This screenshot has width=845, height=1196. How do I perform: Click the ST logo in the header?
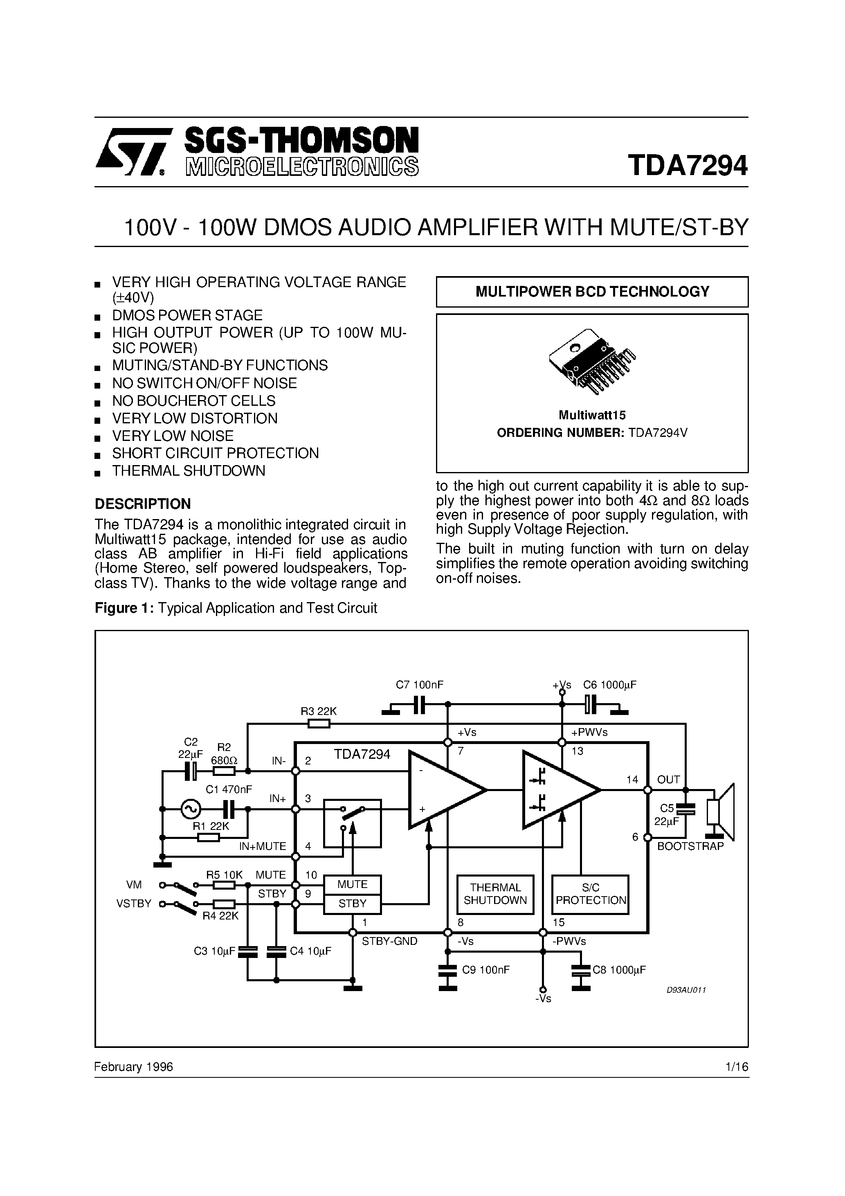click(x=133, y=152)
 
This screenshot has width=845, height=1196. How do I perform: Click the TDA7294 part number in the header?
click(x=688, y=166)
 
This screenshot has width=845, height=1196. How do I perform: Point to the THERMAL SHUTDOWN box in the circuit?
click(x=495, y=894)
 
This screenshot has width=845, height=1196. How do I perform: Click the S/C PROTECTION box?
click(x=590, y=894)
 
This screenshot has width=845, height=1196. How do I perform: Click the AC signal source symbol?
click(x=190, y=809)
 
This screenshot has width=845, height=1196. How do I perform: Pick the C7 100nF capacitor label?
click(x=419, y=685)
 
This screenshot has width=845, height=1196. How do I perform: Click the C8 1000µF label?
click(x=619, y=970)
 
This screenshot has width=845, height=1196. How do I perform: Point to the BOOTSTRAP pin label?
click(x=690, y=846)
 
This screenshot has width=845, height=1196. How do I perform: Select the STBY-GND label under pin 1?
click(x=390, y=941)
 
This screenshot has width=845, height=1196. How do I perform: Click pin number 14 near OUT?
click(x=632, y=780)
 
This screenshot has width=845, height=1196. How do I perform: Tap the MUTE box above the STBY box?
click(x=352, y=884)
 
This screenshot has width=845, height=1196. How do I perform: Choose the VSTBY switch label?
click(x=133, y=904)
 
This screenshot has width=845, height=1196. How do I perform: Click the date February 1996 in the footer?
click(x=133, y=1067)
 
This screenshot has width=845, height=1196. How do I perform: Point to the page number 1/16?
click(x=737, y=1067)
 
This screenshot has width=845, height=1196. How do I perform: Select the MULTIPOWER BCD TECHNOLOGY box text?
click(x=592, y=292)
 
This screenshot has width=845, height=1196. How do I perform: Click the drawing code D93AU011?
click(x=686, y=990)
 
